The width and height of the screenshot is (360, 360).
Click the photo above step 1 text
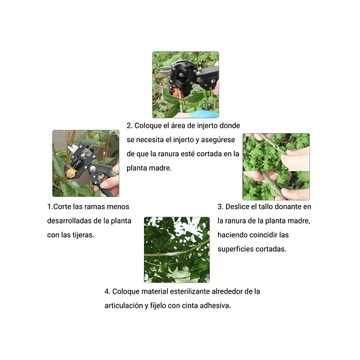[x=86, y=164]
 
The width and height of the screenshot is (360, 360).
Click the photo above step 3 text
[x=276, y=166]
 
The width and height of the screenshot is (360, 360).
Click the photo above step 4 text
[x=177, y=249]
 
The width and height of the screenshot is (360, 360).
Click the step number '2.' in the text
[x=130, y=125]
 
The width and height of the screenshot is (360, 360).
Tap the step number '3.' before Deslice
[x=221, y=206]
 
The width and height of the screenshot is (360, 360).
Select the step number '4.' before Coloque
[x=108, y=291]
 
